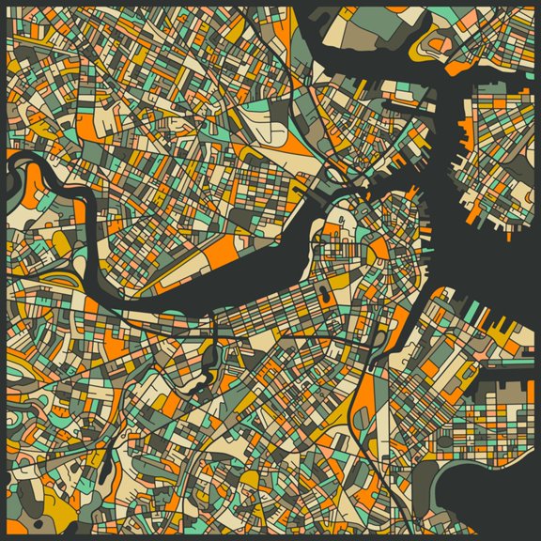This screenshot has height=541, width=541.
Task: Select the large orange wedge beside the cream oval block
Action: pyautogui.click(x=282, y=141)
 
